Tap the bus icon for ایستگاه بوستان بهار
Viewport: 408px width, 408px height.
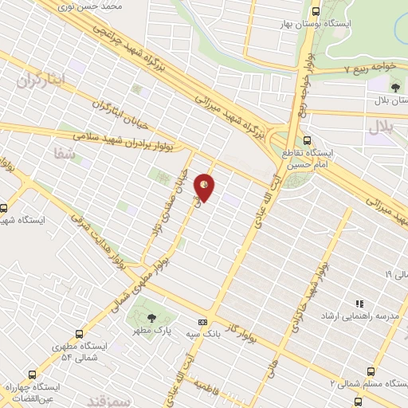316,12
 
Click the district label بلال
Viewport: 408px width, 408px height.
382,127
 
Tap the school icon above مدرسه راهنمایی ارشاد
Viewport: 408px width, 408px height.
359,304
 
